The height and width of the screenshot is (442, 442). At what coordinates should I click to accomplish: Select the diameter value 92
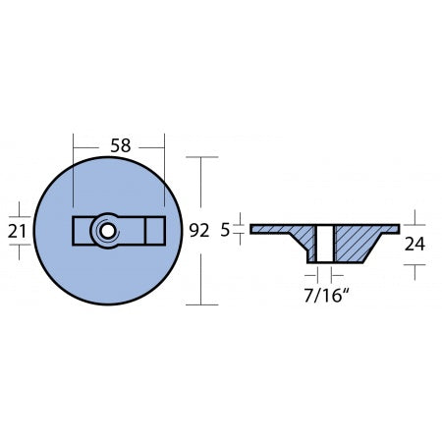[x=199, y=231]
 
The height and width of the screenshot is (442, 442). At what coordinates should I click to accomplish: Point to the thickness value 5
[x=225, y=231]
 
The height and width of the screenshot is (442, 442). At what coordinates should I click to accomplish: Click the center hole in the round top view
[x=104, y=231]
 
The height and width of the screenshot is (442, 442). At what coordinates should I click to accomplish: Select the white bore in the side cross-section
[x=320, y=243]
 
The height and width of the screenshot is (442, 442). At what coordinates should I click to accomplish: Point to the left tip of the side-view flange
[x=253, y=230]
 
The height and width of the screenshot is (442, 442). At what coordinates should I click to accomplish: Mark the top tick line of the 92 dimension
[x=202, y=157]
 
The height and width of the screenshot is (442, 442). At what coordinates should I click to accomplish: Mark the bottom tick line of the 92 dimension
[x=202, y=304]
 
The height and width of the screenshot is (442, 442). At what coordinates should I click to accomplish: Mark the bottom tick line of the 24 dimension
[x=414, y=266]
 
